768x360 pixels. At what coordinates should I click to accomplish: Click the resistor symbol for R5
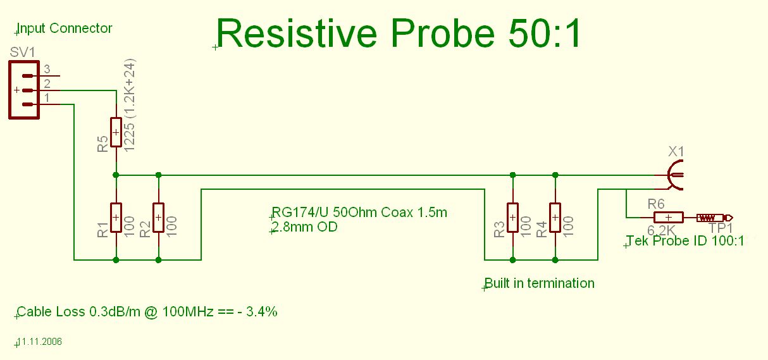click(x=116, y=132)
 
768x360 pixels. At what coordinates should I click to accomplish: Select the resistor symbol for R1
click(x=116, y=218)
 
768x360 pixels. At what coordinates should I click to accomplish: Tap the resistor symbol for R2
click(x=158, y=218)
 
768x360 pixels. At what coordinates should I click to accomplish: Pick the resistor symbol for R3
click(x=512, y=218)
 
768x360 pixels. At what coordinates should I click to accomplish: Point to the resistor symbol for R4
click(x=555, y=218)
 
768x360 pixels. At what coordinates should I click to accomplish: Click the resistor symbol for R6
click(x=669, y=218)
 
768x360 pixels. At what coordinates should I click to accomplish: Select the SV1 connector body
click(x=24, y=90)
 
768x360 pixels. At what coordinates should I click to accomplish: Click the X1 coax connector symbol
click(x=672, y=175)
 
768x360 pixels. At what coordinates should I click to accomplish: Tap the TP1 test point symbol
click(x=714, y=218)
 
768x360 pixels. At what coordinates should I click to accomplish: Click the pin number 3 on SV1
click(x=47, y=69)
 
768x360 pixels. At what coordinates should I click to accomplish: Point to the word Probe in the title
click(x=443, y=34)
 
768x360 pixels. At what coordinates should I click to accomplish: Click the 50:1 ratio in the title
click(x=545, y=34)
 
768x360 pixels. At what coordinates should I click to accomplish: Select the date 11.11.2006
click(x=40, y=342)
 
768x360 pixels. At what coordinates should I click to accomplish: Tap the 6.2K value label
click(x=661, y=230)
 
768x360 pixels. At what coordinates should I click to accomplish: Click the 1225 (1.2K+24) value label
click(x=129, y=105)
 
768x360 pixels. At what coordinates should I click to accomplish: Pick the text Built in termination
click(x=540, y=283)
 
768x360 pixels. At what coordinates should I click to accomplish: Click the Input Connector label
click(x=65, y=28)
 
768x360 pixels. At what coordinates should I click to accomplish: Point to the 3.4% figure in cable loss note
click(x=262, y=312)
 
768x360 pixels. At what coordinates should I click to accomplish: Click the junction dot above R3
click(x=512, y=175)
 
